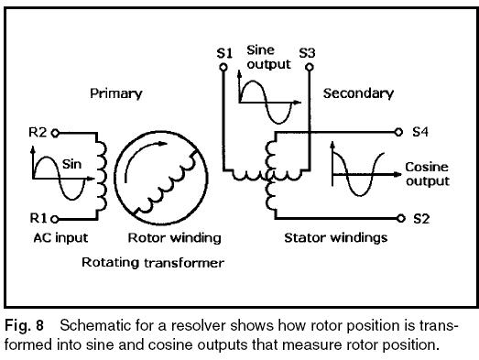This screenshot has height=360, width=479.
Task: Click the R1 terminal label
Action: click(37, 219)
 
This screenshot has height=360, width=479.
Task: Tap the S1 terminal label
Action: click(223, 55)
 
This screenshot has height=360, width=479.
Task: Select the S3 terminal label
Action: click(308, 53)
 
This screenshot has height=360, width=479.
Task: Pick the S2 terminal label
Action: click(420, 219)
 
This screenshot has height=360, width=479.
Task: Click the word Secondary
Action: click(359, 93)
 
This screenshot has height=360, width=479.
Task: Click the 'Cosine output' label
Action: click(427, 175)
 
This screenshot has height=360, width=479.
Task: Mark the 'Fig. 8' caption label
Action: click(20, 325)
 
